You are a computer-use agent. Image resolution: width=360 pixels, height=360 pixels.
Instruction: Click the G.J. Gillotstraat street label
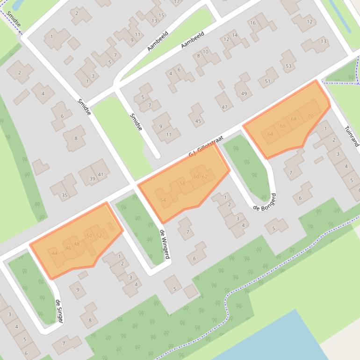pos(207,146)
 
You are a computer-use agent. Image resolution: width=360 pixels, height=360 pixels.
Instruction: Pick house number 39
pos(92,179)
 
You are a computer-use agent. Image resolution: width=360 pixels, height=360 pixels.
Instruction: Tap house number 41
pos(101,174)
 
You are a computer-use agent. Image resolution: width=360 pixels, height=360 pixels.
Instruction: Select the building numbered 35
pos(65,195)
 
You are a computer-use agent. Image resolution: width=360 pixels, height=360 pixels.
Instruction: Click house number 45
pos(198,122)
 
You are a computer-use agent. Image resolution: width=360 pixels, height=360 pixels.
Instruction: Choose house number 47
pos(224,108)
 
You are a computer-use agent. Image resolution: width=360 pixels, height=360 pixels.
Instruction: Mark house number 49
pos(244,94)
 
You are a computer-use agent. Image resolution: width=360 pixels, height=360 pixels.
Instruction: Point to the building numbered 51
pos(267,81)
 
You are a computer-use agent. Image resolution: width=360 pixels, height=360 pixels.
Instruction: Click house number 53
pos(288,66)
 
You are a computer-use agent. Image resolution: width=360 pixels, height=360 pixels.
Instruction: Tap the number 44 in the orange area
pos(55,253)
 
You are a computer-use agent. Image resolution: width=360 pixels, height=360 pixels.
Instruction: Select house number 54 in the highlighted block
pos(163,200)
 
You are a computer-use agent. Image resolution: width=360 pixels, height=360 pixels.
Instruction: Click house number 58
pos(182,184)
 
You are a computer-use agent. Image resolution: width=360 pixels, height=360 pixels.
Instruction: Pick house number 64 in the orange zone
pos(270,134)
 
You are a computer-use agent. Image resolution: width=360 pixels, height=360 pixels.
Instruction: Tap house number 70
pos(310,116)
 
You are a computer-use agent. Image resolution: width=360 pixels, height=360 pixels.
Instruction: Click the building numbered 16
pos(253,23)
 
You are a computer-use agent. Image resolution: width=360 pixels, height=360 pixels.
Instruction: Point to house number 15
pos(162,15)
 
